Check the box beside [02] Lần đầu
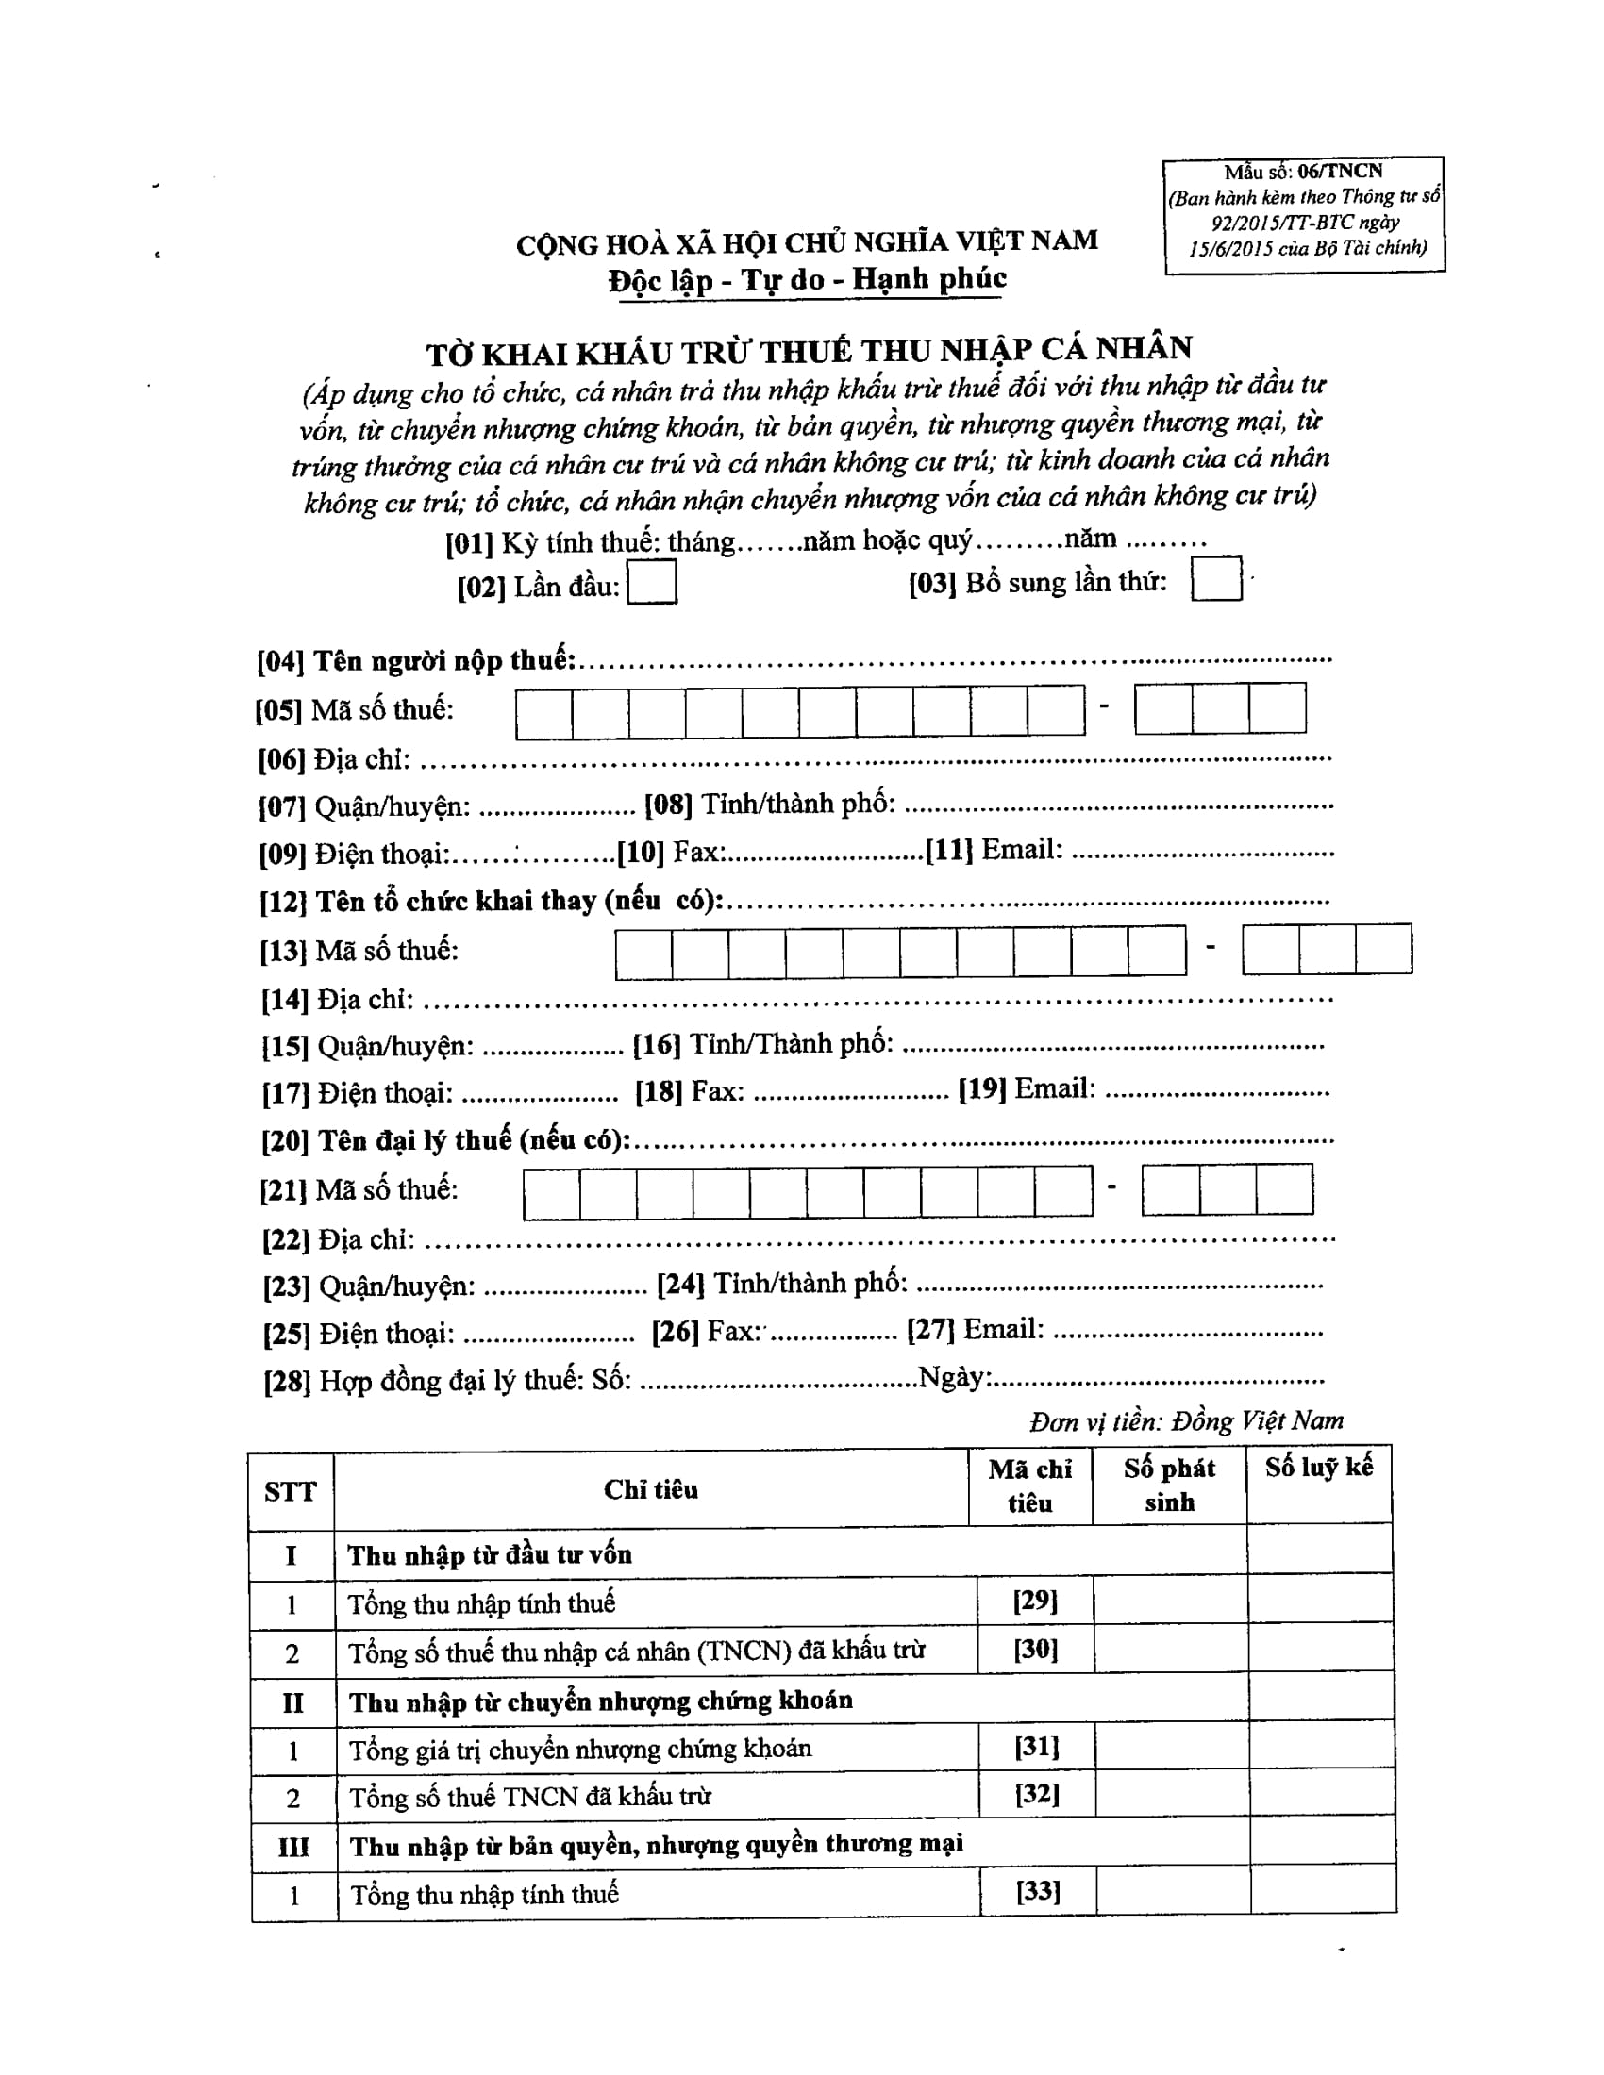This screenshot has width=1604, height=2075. pos(652,582)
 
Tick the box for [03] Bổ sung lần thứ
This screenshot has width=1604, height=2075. pos(1216,578)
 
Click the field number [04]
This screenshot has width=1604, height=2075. pos(280,662)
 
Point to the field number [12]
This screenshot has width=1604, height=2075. pos(283,902)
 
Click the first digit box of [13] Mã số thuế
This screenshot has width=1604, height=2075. pos(643,954)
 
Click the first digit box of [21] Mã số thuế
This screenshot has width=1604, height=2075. pos(551,1193)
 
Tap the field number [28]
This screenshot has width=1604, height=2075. pos(287,1382)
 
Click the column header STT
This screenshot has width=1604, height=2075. pos(290,1492)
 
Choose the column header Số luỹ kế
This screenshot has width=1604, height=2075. pos(1318,1468)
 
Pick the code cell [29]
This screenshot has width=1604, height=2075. pos(1035,1601)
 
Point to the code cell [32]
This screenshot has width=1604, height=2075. pos(1037,1794)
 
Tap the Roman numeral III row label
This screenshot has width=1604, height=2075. pos(293,1847)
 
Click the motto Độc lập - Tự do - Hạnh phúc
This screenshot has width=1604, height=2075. pos(808,280)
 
